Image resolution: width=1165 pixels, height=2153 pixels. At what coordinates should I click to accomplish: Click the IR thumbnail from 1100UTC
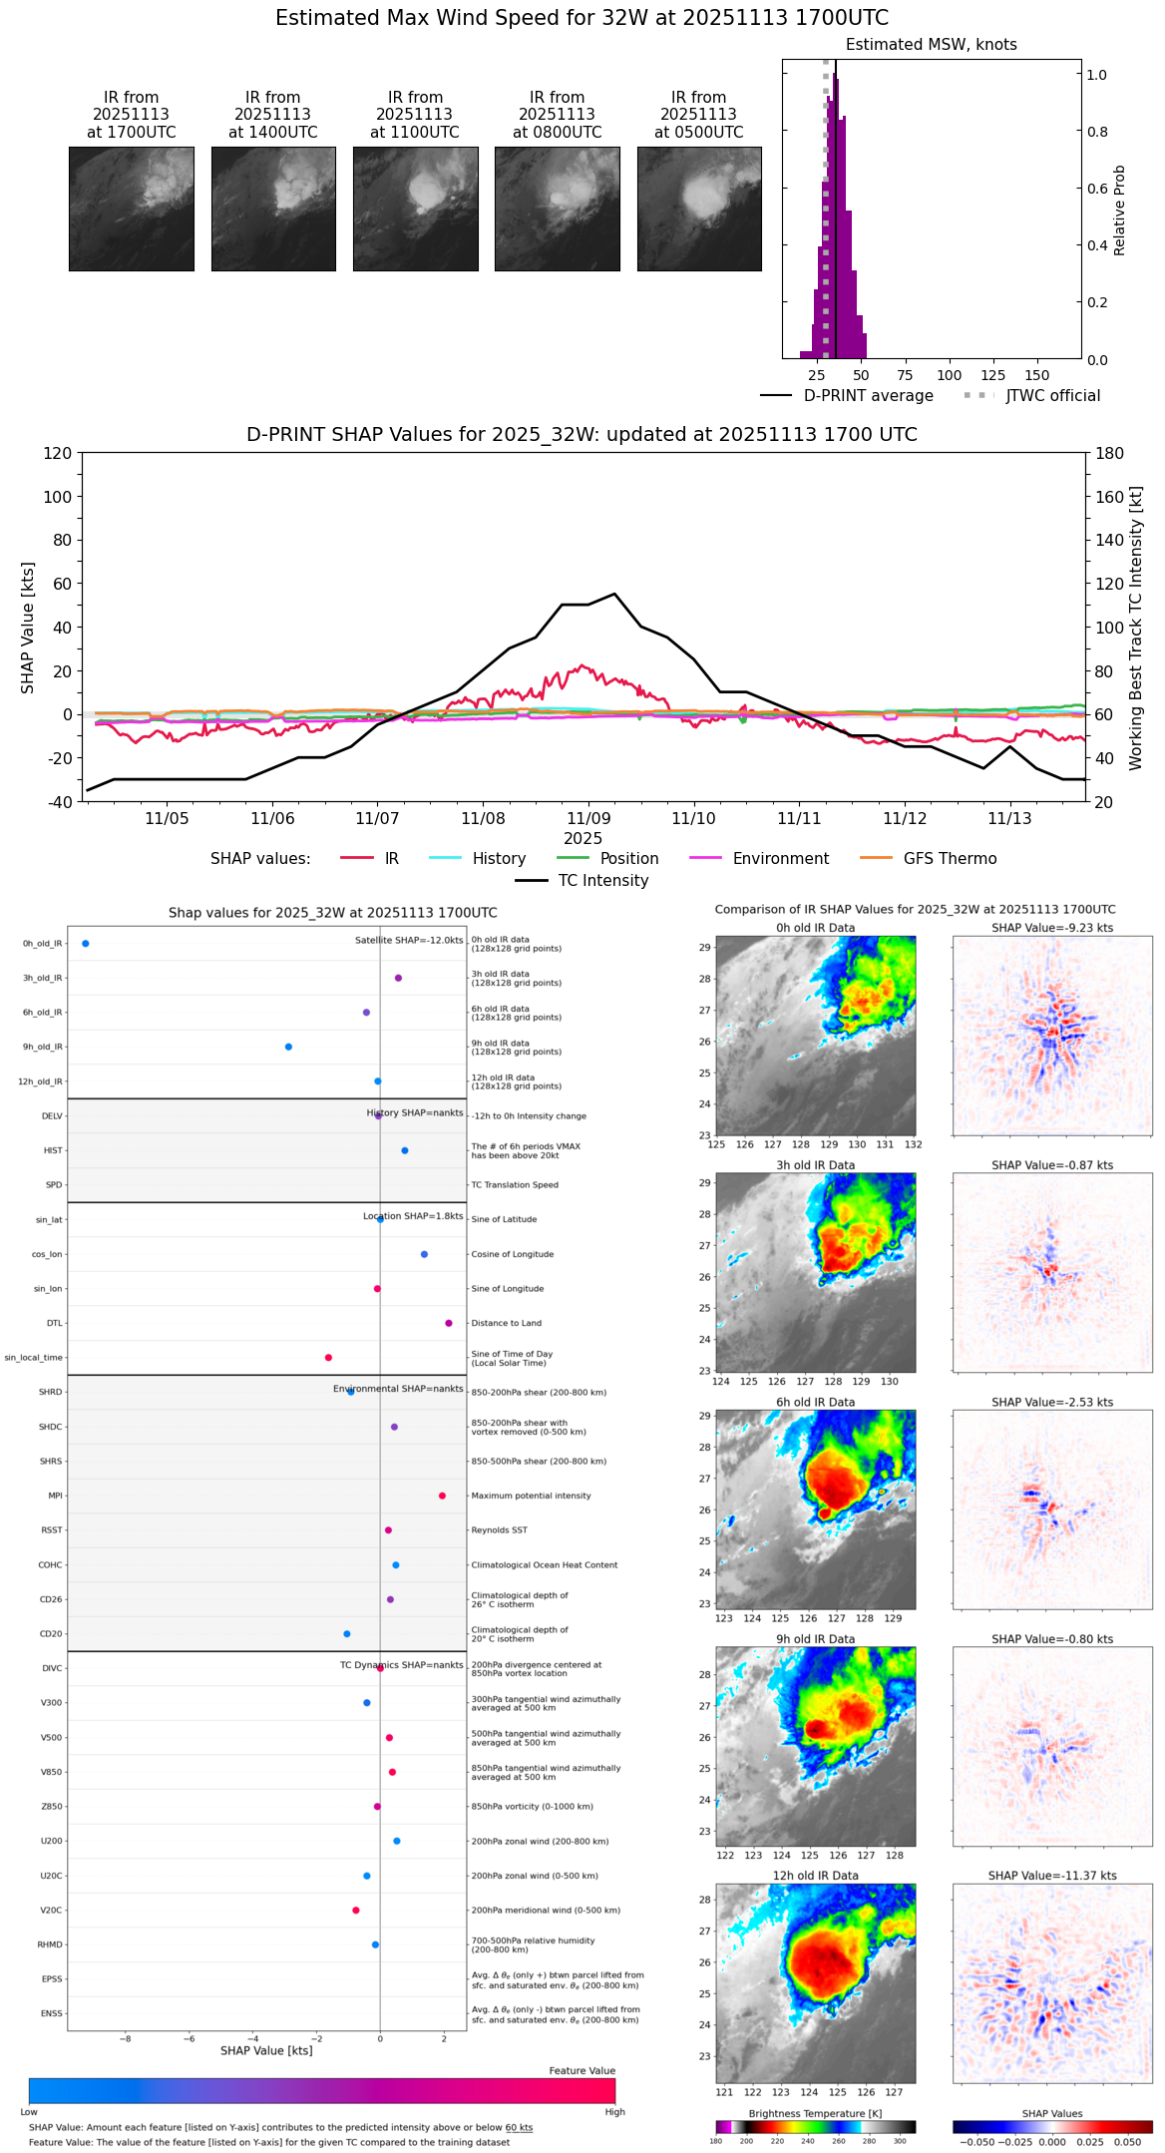click(x=415, y=209)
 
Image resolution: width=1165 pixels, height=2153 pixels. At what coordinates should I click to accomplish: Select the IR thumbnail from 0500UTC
click(x=699, y=209)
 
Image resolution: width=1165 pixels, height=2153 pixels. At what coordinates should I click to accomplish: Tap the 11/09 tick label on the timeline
click(x=588, y=818)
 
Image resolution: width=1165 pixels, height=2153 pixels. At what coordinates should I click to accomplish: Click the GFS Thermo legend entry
click(x=950, y=859)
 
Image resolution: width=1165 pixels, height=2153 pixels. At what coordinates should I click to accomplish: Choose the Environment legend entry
click(x=780, y=859)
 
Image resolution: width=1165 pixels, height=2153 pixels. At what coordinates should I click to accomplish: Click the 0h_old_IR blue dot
click(x=86, y=944)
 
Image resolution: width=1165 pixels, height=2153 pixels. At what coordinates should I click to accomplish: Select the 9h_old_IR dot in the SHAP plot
click(x=288, y=1047)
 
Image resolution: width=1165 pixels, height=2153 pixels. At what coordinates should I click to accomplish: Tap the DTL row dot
click(x=449, y=1323)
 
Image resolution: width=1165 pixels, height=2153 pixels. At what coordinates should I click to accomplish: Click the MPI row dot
click(x=442, y=1496)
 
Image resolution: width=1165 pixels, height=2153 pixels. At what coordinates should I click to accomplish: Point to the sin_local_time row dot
click(x=328, y=1358)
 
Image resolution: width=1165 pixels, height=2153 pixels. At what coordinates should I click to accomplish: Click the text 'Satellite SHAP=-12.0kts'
click(x=409, y=940)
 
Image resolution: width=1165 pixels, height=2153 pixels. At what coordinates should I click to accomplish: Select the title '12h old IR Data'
click(x=815, y=1876)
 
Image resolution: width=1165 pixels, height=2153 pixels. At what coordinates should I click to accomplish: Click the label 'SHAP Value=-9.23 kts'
click(x=1052, y=928)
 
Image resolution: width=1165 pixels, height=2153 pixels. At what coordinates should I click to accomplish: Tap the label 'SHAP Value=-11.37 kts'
click(x=1052, y=1876)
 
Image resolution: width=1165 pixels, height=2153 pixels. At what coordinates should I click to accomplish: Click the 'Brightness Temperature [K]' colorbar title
click(x=815, y=2113)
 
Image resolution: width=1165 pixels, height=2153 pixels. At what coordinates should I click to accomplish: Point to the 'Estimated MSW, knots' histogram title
click(x=931, y=45)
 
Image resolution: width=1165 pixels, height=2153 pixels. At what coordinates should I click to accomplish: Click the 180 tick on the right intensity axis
click(x=1110, y=453)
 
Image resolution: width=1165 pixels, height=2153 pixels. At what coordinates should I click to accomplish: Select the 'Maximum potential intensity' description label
click(x=531, y=1496)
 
